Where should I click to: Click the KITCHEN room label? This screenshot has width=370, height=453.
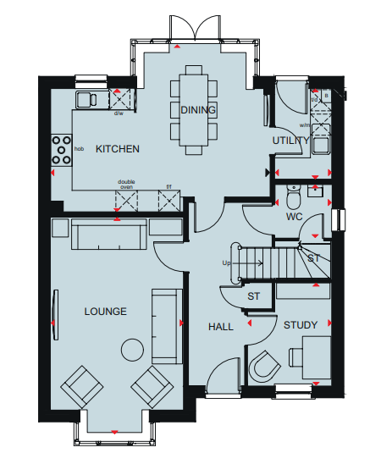(x=118, y=149)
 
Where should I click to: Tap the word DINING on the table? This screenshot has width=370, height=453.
(x=198, y=110)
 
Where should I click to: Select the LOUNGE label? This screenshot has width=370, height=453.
(x=106, y=312)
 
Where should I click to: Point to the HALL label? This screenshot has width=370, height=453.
(x=221, y=327)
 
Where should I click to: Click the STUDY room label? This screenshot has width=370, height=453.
(x=301, y=325)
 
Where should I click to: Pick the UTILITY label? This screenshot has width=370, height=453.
(x=291, y=141)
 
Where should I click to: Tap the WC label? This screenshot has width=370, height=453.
(x=295, y=217)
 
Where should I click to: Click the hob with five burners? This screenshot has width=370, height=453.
(x=61, y=150)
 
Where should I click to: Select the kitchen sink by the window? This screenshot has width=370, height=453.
(x=86, y=99)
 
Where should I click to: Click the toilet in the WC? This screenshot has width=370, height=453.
(x=294, y=196)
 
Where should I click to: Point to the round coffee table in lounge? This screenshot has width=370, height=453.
(x=132, y=350)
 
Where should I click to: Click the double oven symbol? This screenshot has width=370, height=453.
(x=126, y=201)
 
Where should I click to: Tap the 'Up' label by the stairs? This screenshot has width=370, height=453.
(x=226, y=262)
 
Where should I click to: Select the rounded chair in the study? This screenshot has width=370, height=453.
(x=264, y=367)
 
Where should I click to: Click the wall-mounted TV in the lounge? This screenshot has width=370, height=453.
(x=55, y=315)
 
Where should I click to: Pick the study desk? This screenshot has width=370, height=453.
(x=317, y=357)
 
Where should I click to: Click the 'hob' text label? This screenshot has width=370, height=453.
(x=79, y=149)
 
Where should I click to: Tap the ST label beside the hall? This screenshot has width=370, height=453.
(x=253, y=296)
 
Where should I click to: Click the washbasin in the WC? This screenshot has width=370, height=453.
(x=315, y=191)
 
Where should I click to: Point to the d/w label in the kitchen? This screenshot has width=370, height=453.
(x=119, y=113)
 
